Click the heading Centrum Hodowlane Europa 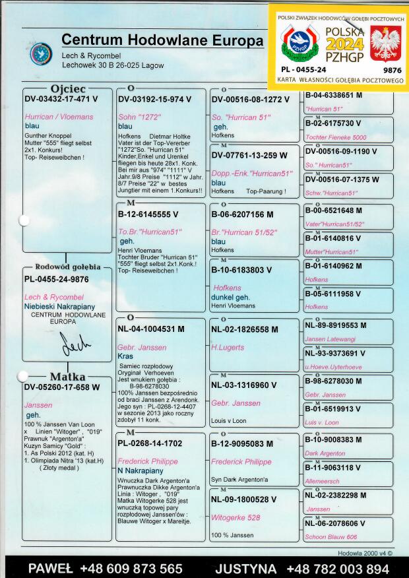pos(162,40)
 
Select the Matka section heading pos(68,377)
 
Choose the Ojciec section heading pos(67,89)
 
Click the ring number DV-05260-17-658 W pos(62,387)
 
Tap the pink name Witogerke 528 pos(236,517)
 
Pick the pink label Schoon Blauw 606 pos(330,537)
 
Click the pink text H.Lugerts pos(228,347)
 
